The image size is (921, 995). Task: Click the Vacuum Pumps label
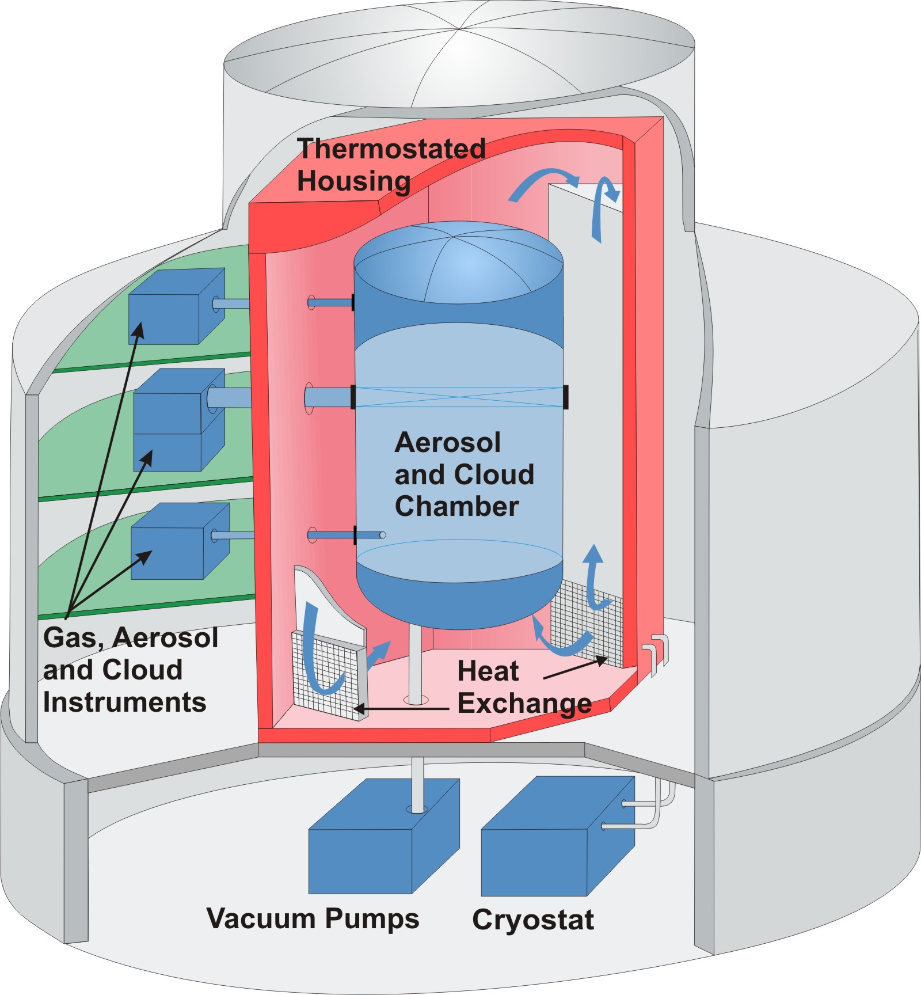tap(313, 918)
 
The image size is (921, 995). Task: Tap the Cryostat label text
tap(532, 920)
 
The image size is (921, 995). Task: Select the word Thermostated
tap(391, 149)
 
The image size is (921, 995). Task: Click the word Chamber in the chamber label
tap(456, 506)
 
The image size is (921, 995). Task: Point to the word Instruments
tap(124, 702)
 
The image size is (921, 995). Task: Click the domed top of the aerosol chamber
tap(458, 265)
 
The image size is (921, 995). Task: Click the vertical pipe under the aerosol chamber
tap(414, 662)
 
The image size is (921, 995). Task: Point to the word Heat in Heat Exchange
tap(488, 671)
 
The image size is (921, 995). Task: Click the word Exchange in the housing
tap(524, 703)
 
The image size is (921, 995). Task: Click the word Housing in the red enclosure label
tap(353, 181)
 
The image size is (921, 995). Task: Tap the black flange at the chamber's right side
tap(566, 397)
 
